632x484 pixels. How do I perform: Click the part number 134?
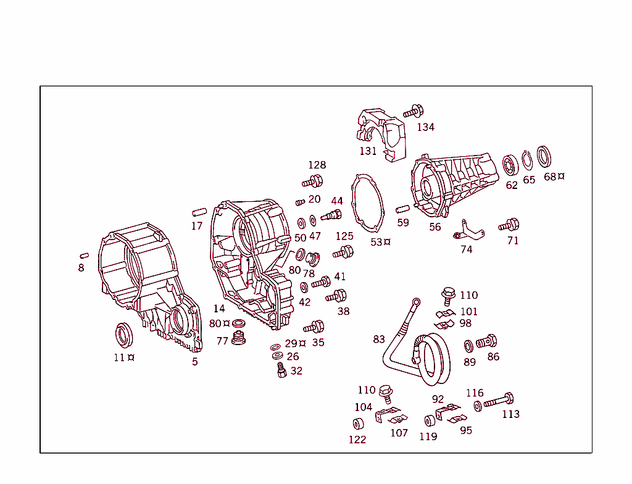tap(425, 127)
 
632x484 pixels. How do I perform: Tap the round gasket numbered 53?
tap(368, 204)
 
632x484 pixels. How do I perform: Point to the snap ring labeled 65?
tap(528, 162)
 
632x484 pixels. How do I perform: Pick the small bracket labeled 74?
tap(470, 232)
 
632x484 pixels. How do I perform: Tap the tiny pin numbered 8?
tap(85, 255)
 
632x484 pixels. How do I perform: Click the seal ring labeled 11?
tap(125, 335)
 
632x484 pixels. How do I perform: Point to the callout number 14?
tap(219, 309)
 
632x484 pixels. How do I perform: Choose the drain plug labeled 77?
tap(238, 340)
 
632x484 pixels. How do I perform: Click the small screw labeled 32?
tap(281, 370)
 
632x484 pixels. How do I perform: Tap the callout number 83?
tap(379, 339)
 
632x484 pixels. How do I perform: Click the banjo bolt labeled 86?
tap(486, 341)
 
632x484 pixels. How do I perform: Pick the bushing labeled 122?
tap(357, 423)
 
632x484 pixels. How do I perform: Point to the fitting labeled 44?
tap(333, 216)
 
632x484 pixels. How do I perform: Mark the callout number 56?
tap(435, 227)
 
